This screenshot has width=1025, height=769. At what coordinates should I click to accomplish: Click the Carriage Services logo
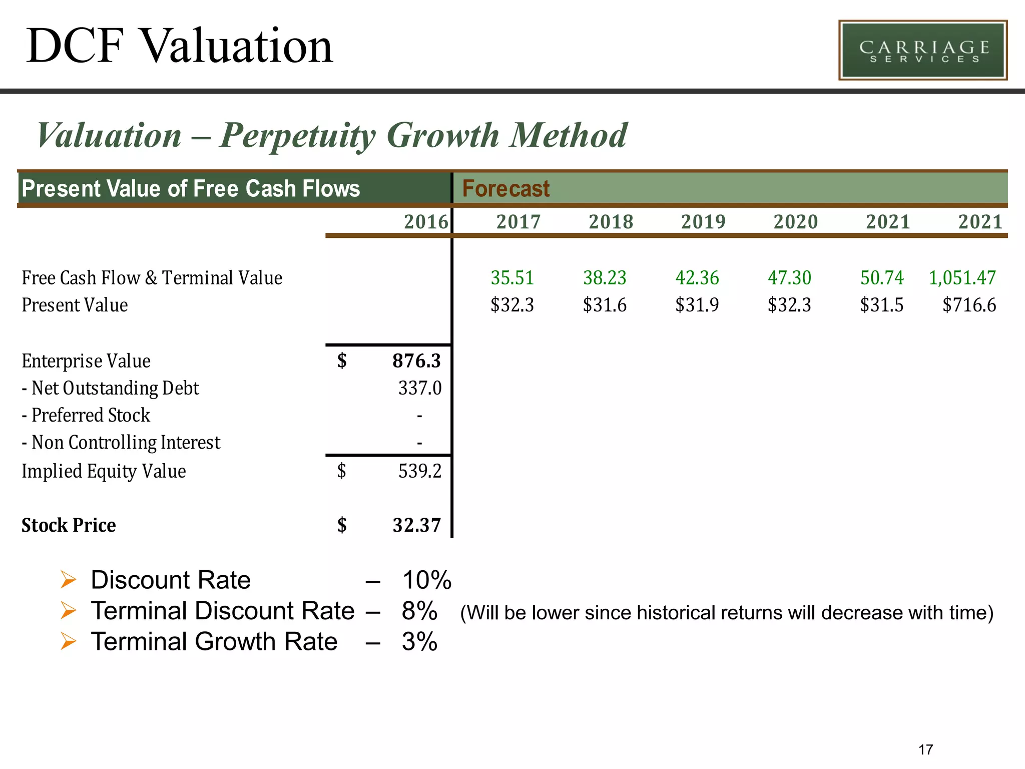pos(922,50)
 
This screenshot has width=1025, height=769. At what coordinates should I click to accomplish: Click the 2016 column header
pos(426,222)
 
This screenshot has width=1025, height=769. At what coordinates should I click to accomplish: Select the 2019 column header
pos(703,222)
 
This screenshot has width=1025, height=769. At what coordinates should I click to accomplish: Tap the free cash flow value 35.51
pos(512,278)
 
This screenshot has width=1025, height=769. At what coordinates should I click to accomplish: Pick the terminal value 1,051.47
pos(962,278)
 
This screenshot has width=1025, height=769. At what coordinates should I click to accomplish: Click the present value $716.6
pos(969,305)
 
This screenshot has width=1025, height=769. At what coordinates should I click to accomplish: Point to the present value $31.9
pos(697,305)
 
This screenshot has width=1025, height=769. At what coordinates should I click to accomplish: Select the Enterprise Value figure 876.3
pos(416,361)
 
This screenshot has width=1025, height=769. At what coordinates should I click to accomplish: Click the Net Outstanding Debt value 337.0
pos(420,388)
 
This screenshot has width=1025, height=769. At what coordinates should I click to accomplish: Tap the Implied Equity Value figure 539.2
pos(420,471)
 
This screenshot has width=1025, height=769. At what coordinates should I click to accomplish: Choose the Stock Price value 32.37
pos(416,525)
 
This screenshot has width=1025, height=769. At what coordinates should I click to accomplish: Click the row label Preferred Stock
pos(90,415)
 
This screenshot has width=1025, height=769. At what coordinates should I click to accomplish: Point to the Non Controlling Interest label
pos(125,443)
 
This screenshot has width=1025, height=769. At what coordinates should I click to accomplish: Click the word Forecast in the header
pos(505,189)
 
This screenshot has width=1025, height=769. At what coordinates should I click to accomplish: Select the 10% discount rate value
pos(426,580)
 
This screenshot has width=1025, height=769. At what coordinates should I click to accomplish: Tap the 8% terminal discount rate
pos(419,611)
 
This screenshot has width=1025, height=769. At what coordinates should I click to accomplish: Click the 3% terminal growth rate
pos(419,642)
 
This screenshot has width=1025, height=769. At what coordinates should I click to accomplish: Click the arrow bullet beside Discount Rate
pos(68,580)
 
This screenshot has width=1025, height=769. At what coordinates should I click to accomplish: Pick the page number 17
pos(925,749)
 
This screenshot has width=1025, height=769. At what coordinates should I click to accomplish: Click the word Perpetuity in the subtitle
pos(297,136)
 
